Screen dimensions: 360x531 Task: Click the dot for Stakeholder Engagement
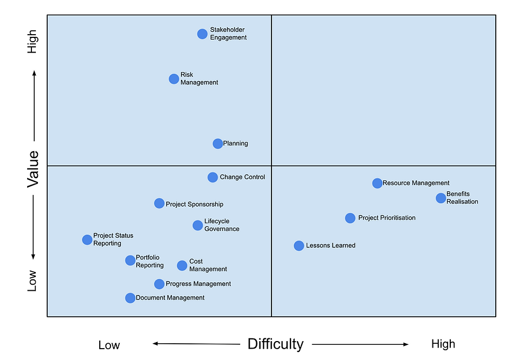tap(202, 34)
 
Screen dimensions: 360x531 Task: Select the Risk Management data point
tap(173, 79)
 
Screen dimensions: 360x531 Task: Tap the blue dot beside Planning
tap(217, 143)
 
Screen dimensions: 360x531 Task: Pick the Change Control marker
tap(212, 177)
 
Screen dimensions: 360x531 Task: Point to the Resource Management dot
tap(377, 183)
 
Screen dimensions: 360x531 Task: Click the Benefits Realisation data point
tap(441, 198)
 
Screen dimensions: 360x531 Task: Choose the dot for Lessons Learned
tap(299, 246)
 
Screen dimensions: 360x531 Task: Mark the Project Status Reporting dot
tap(87, 240)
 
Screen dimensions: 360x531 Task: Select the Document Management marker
tap(130, 298)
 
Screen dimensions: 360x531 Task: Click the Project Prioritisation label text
tap(387, 218)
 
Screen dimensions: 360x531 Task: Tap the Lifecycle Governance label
tap(222, 225)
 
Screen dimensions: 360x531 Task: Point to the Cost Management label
tap(208, 265)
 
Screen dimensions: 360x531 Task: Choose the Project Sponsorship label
tap(194, 204)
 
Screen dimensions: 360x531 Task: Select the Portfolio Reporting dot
tap(130, 260)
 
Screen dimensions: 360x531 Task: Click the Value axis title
tap(33, 169)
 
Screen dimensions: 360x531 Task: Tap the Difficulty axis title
tap(275, 344)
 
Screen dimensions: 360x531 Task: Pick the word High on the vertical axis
tap(33, 42)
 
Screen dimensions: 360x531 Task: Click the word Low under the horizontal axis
tap(109, 345)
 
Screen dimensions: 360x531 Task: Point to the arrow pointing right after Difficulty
tap(360, 344)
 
